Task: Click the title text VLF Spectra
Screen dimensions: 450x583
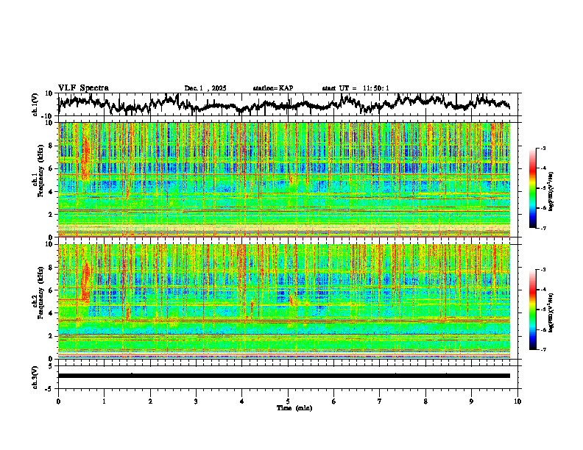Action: click(x=83, y=87)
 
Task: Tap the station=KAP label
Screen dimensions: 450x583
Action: click(x=272, y=88)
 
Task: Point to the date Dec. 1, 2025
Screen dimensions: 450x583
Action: click(x=205, y=88)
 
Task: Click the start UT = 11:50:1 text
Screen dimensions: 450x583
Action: click(x=356, y=88)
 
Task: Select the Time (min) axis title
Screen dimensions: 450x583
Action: click(x=294, y=407)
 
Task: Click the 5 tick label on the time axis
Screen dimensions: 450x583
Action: click(x=288, y=401)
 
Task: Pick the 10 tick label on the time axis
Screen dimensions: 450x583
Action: click(x=517, y=401)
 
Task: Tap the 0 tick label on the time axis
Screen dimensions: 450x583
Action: click(x=58, y=401)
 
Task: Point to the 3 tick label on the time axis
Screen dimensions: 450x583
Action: click(x=196, y=401)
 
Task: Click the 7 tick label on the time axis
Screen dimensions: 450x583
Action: click(x=380, y=401)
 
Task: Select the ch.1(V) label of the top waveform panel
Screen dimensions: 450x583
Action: click(x=35, y=104)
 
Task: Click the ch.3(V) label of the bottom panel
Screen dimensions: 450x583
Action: click(x=35, y=376)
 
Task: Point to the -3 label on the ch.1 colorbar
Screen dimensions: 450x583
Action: click(x=543, y=149)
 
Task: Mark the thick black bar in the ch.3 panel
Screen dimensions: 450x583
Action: click(x=284, y=376)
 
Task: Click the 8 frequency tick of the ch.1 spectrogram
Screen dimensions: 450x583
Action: click(x=52, y=146)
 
